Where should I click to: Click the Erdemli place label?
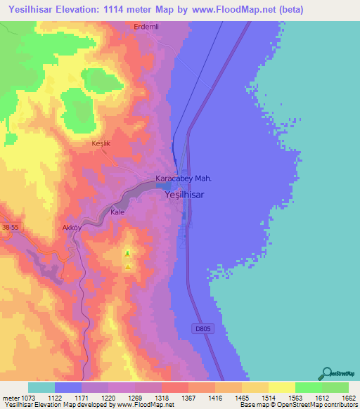[147, 26]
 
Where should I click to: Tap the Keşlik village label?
[102, 143]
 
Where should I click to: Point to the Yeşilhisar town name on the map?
[184, 197]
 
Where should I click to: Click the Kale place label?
[117, 211]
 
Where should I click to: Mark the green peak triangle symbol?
[127, 254]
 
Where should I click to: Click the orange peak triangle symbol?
[127, 266]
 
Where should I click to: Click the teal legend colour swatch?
[41, 388]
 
